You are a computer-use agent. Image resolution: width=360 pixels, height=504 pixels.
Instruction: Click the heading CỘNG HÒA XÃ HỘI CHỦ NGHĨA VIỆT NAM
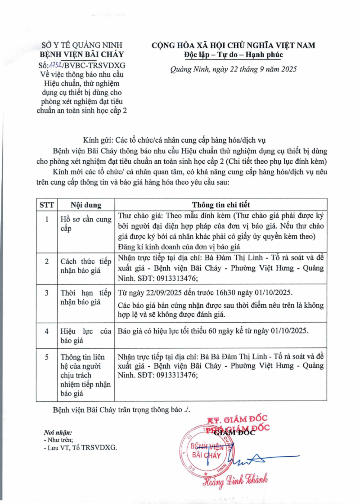233,45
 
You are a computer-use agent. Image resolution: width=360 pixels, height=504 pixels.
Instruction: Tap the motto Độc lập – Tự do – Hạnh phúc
233,55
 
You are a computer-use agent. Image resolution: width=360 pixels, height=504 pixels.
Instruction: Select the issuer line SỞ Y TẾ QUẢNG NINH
85,45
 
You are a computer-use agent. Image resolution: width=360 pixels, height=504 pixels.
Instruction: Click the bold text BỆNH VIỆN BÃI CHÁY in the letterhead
85,55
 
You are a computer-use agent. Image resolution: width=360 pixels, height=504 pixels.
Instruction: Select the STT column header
47,205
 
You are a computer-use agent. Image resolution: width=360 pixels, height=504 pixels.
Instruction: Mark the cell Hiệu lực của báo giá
85,336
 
